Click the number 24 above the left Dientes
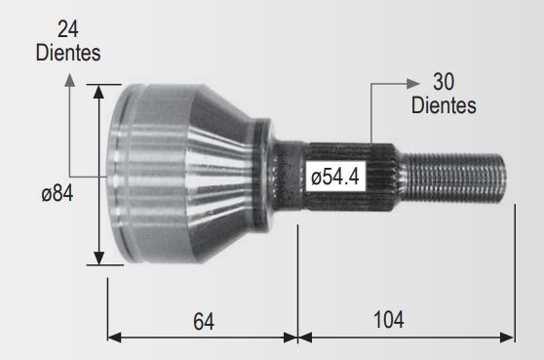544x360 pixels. point(68,29)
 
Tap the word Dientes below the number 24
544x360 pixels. point(68,53)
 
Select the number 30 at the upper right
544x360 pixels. point(444,82)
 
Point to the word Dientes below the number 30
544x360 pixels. point(444,104)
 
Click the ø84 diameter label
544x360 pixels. point(58,193)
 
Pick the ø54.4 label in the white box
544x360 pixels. point(335,177)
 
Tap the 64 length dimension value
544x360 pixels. point(204,321)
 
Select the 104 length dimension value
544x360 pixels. point(389,319)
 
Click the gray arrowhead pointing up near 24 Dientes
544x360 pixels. point(70,80)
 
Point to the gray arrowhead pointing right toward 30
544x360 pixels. point(412,84)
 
